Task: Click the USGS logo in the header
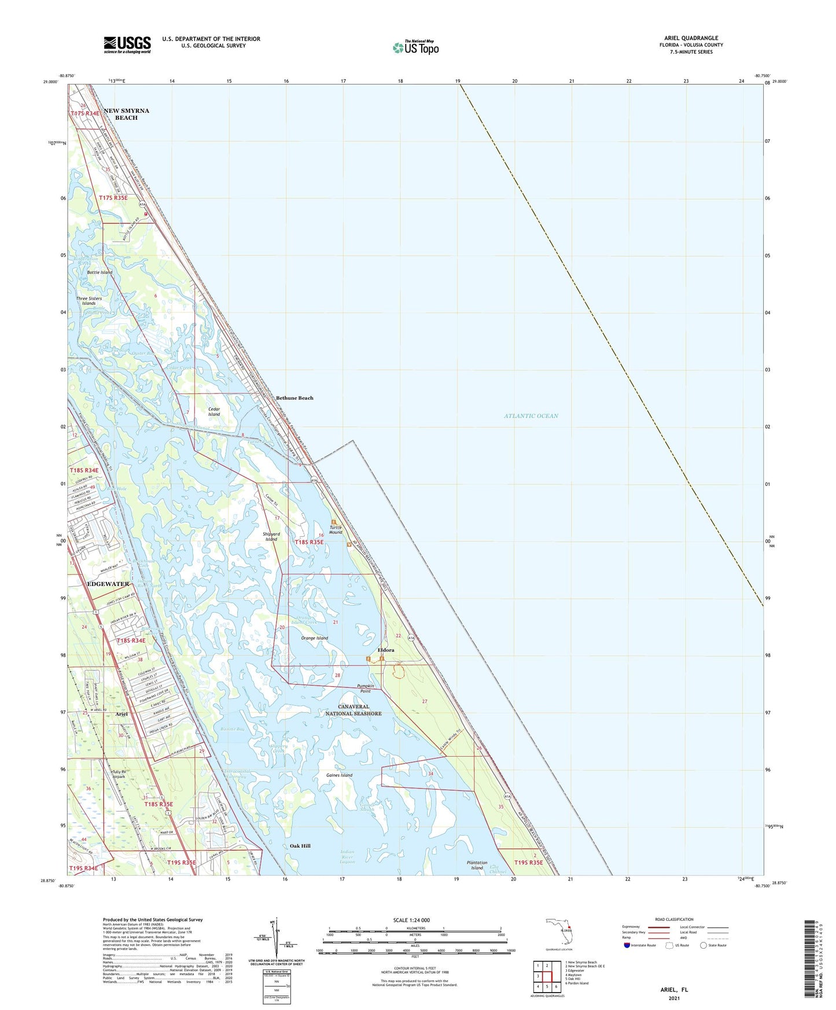tap(127, 45)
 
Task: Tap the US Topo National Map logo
tap(415, 47)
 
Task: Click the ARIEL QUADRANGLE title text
tap(691, 38)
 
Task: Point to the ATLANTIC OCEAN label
tap(531, 416)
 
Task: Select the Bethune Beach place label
tap(294, 398)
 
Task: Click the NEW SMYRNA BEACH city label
tap(126, 114)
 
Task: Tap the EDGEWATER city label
tap(108, 584)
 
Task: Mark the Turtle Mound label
tap(336, 530)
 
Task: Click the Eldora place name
tap(386, 650)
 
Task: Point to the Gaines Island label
tap(339, 775)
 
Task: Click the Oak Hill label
tap(300, 846)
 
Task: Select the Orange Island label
tap(314, 638)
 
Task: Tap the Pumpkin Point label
tap(365, 688)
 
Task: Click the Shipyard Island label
tap(271, 536)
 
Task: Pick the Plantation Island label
tap(477, 865)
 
